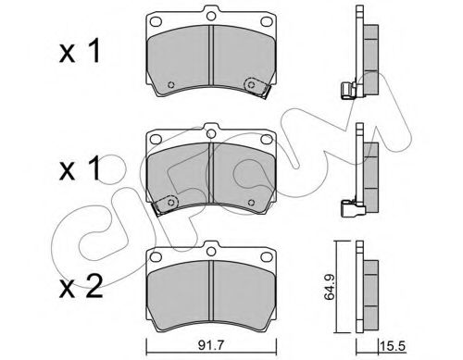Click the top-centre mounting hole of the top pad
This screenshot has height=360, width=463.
click(212, 15)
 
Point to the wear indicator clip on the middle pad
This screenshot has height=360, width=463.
click(168, 205)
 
